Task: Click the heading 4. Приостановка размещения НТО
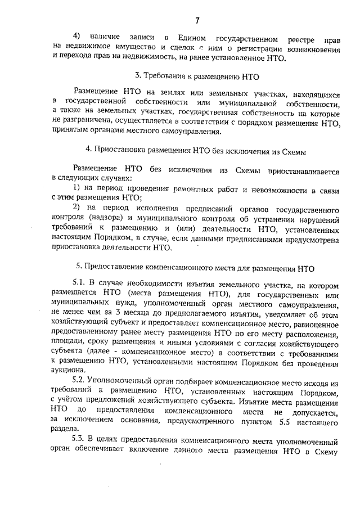(x=196, y=151)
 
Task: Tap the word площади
(x=65, y=342)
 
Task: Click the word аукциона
(x=67, y=370)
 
